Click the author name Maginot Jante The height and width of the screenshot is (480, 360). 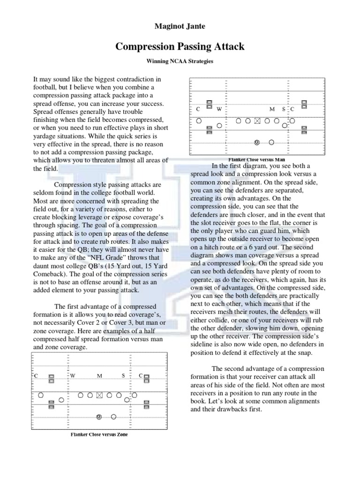tap(180, 26)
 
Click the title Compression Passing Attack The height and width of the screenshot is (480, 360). tap(180, 47)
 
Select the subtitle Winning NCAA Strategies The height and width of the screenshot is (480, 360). tap(180, 61)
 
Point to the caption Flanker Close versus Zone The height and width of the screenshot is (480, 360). tap(99, 434)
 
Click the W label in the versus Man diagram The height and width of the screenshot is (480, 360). tap(219, 109)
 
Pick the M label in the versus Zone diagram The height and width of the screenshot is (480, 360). tap(99, 376)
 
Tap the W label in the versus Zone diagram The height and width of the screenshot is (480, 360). tap(73, 376)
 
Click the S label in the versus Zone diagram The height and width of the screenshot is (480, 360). tap(123, 376)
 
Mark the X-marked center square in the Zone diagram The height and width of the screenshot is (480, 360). tap(99, 396)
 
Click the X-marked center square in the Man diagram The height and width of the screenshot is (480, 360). tap(256, 121)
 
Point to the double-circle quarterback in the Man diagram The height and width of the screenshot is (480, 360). tap(256, 142)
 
